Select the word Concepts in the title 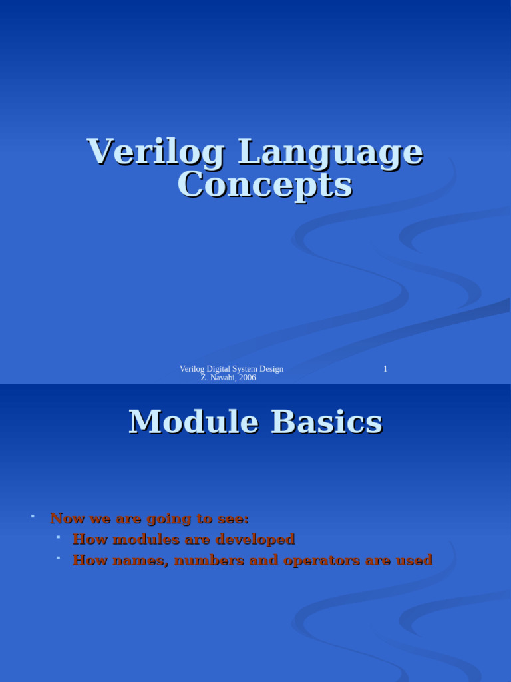(264, 185)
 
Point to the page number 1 (385, 369)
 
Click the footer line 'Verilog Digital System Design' (232, 369)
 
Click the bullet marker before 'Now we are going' (32, 516)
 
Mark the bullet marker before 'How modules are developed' (59, 537)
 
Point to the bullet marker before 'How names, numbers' (59, 558)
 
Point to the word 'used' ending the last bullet (415, 560)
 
